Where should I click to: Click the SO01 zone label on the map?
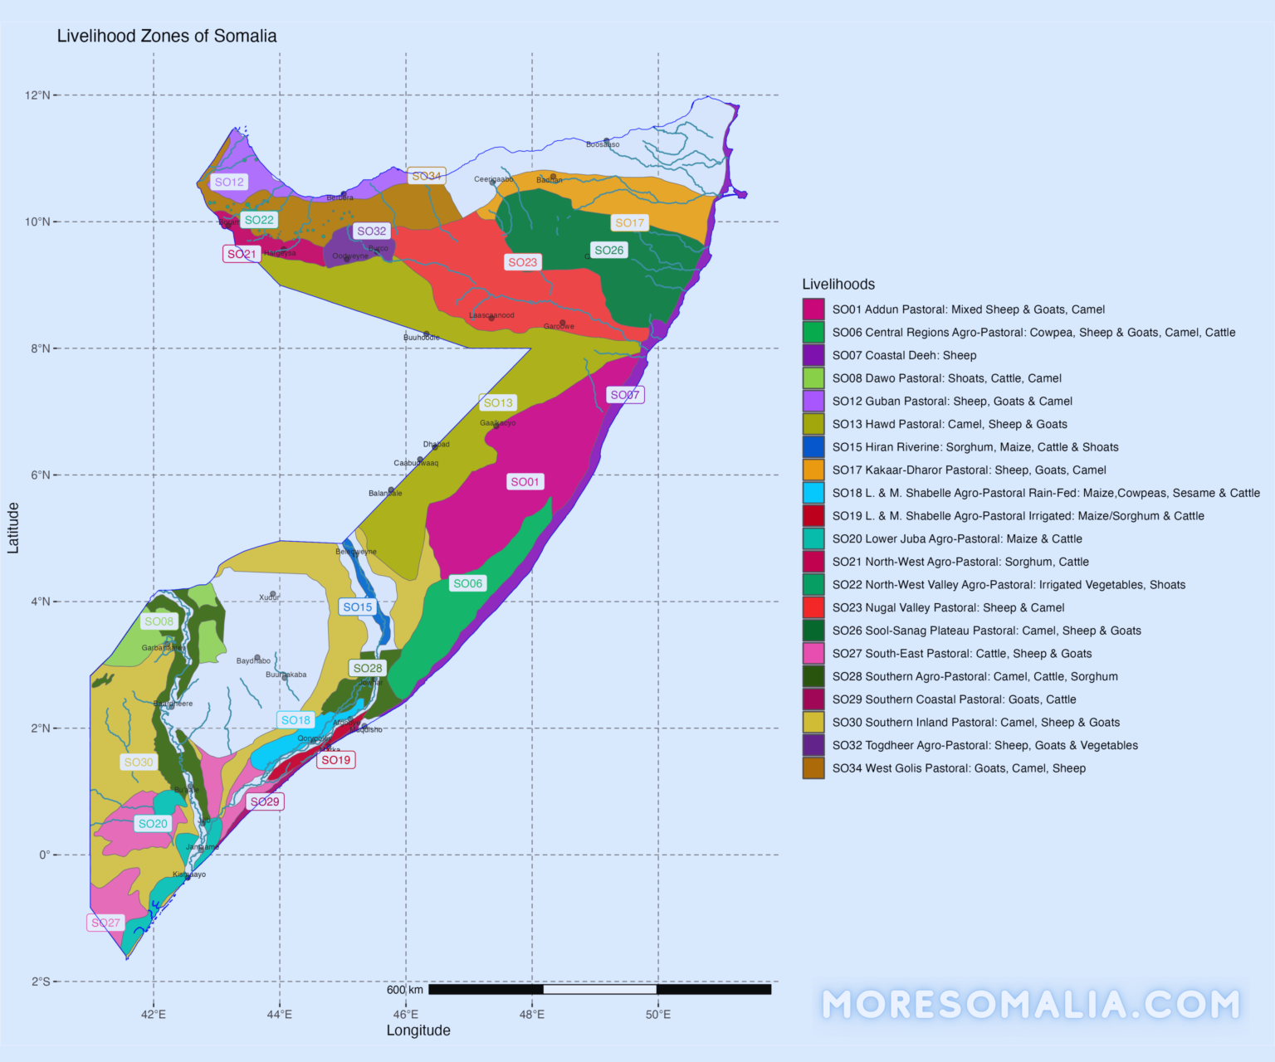click(525, 482)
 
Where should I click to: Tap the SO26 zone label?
click(608, 251)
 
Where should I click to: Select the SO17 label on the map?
click(629, 223)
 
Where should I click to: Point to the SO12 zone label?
click(229, 183)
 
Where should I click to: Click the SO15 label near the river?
click(358, 607)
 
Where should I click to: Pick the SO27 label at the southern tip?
click(105, 923)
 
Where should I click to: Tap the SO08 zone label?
click(159, 621)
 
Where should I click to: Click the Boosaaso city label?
click(603, 144)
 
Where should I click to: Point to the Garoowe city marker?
click(562, 323)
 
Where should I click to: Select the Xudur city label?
click(269, 597)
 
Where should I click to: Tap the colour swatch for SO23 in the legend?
click(813, 607)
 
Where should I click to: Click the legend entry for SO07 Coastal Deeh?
click(904, 355)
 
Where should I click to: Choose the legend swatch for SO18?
click(813, 493)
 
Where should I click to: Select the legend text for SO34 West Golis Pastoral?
click(959, 768)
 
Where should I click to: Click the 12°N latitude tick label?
click(37, 95)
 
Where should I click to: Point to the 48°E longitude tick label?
click(532, 1014)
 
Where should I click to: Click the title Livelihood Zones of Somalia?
click(167, 36)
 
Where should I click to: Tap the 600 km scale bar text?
click(405, 990)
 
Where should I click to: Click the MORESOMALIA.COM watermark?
click(1031, 1005)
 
